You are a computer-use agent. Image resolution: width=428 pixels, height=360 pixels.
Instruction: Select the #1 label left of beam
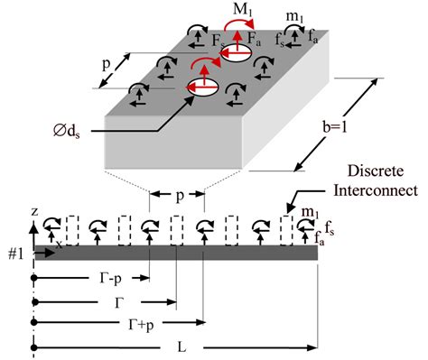coord(15,254)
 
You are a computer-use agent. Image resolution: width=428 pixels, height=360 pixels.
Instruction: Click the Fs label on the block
coord(217,40)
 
